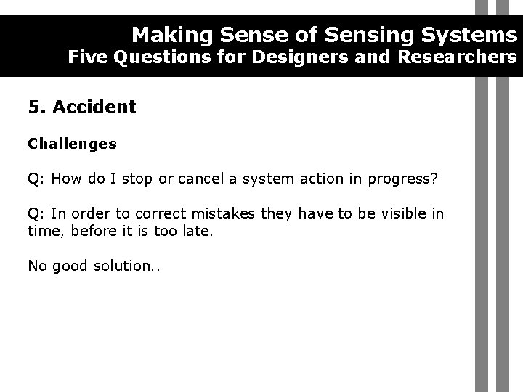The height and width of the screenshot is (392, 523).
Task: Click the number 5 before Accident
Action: click(x=33, y=107)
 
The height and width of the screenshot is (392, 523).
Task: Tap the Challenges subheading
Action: click(x=72, y=144)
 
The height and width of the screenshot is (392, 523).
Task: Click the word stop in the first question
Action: click(x=135, y=179)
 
